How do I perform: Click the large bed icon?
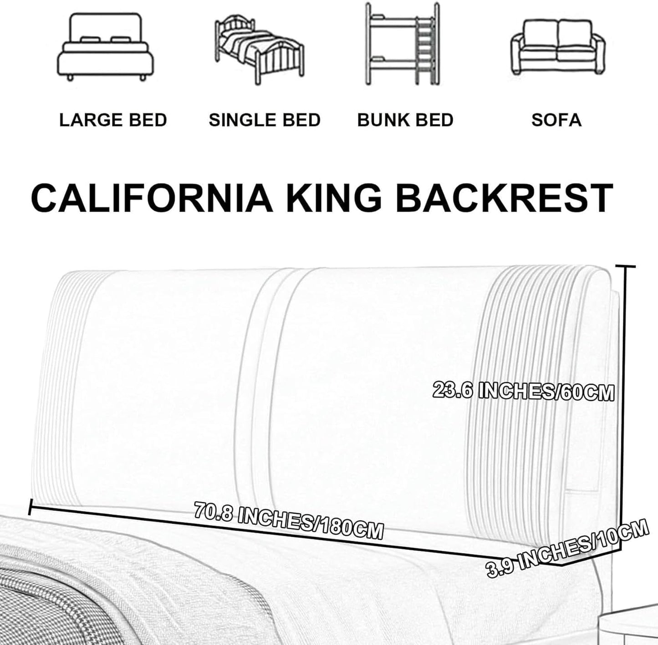[105, 47]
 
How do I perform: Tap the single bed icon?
[259, 50]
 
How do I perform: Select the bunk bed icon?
[402, 44]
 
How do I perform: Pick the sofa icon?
[558, 47]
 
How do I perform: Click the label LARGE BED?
[113, 120]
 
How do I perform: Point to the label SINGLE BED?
[265, 120]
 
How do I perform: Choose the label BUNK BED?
[405, 120]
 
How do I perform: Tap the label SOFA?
[556, 120]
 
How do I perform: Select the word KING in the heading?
[334, 198]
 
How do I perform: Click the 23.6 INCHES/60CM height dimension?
[524, 391]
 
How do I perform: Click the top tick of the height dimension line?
[626, 267]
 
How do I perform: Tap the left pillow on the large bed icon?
[89, 40]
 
